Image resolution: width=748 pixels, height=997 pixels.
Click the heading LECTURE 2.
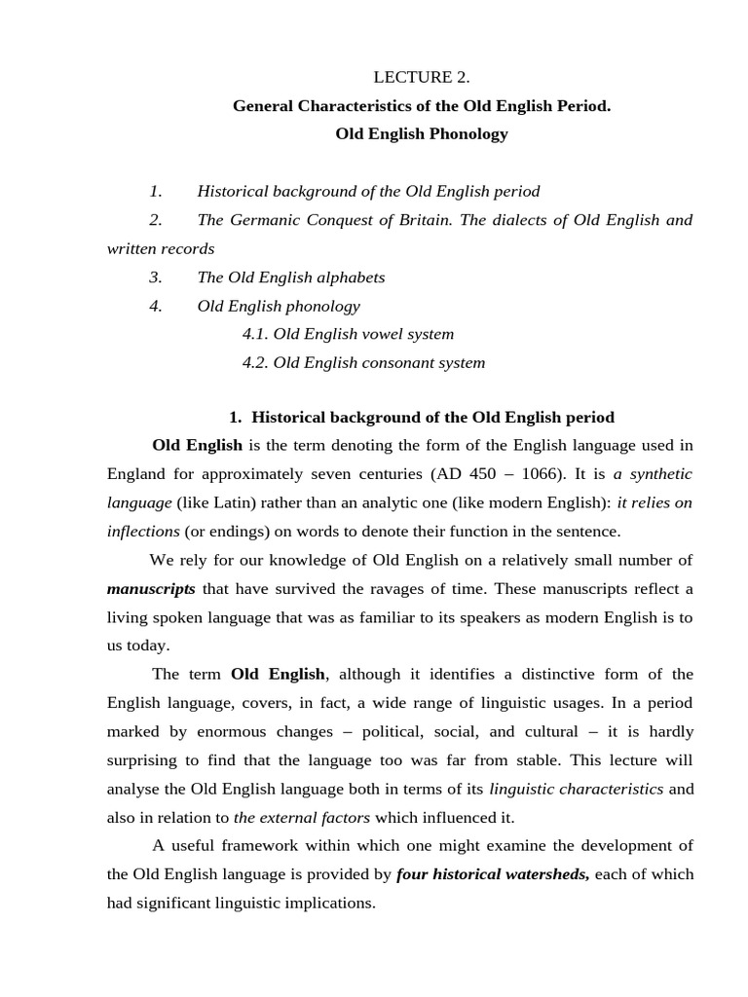click(x=422, y=77)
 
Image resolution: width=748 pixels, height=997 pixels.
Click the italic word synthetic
click(x=660, y=475)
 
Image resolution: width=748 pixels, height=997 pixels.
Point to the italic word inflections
click(x=143, y=532)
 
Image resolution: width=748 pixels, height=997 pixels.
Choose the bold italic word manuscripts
click(x=151, y=589)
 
